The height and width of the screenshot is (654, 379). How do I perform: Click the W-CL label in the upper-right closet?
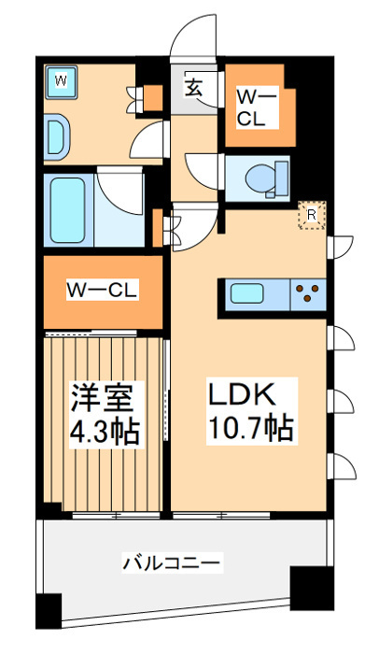coord(255,107)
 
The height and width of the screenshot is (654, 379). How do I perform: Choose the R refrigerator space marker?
coord(311,215)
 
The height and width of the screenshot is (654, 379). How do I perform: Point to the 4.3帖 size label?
coord(105,433)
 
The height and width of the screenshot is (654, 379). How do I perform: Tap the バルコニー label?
coord(172,563)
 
